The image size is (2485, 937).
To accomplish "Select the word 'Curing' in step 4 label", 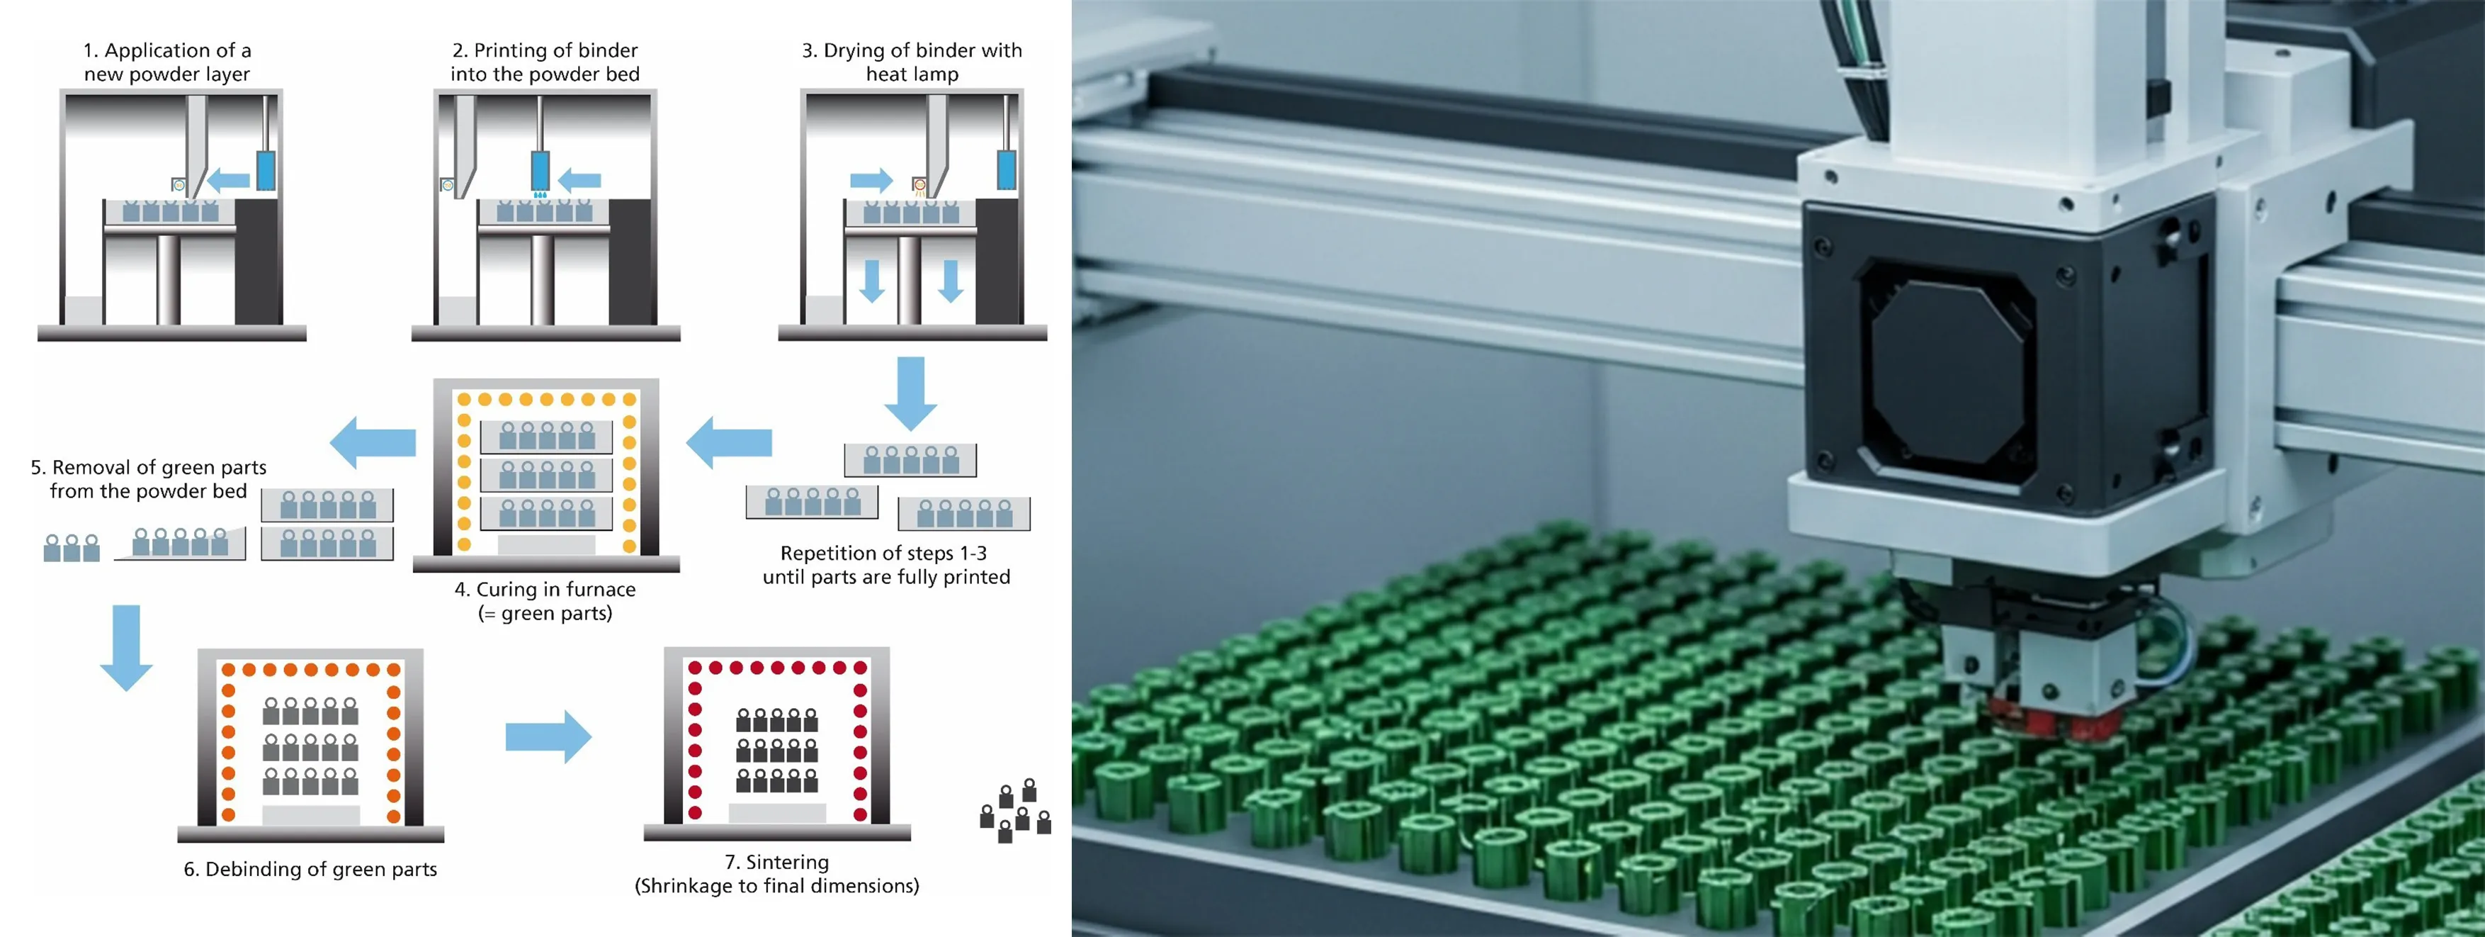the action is (506, 590).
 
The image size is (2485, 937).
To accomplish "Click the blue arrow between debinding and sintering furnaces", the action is (548, 736).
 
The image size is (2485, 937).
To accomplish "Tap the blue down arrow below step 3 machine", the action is (911, 393).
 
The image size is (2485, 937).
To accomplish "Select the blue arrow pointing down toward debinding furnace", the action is (126, 648).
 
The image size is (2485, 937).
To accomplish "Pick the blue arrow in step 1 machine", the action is (229, 179).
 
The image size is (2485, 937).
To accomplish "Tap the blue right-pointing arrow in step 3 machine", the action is (871, 179).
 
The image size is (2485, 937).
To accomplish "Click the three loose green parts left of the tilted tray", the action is (72, 547).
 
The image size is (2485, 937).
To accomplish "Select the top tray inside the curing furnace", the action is (546, 436).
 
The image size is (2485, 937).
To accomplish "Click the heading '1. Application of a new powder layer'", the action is (167, 62).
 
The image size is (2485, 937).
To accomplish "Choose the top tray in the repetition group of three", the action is (910, 459).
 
